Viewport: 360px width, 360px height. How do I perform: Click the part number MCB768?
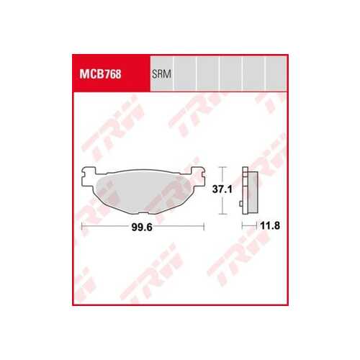[x=100, y=74]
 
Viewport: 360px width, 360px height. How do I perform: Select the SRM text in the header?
[x=161, y=74]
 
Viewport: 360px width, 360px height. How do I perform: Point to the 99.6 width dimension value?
[x=142, y=227]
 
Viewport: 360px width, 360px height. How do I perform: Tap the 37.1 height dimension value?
[x=222, y=189]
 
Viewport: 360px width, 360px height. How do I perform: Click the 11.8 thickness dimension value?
[x=270, y=225]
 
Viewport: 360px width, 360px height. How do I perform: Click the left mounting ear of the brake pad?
[x=89, y=176]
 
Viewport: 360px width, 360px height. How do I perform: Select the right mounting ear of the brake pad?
[x=198, y=176]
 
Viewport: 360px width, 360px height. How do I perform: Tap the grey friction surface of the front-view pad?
[x=143, y=192]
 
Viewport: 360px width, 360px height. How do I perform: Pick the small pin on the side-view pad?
[x=240, y=204]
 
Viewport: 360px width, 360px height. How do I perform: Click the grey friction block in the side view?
[x=253, y=192]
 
